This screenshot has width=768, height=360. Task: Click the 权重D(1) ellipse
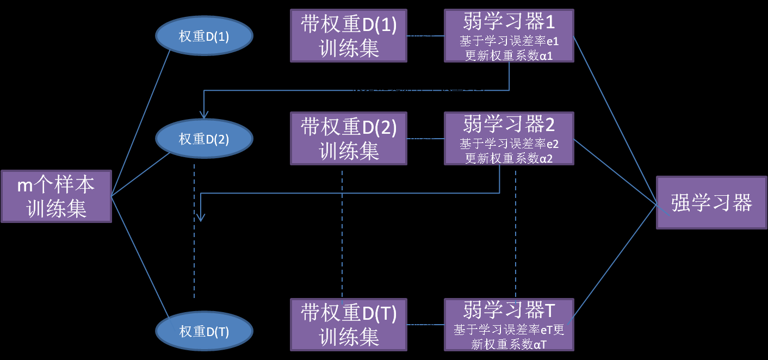pyautogui.click(x=204, y=36)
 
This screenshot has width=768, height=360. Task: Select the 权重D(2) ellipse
pyautogui.click(x=204, y=139)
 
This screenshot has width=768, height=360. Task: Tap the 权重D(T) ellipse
pyautogui.click(x=204, y=331)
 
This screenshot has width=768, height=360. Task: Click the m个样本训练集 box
pyautogui.click(x=56, y=196)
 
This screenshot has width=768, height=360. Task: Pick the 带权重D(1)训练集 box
pyautogui.click(x=349, y=36)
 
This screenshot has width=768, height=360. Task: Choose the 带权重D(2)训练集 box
pyautogui.click(x=349, y=139)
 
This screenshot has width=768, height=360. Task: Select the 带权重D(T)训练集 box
pyautogui.click(x=349, y=325)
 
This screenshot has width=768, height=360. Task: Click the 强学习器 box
pyautogui.click(x=711, y=203)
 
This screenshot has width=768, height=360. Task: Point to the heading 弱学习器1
pyautogui.click(x=509, y=22)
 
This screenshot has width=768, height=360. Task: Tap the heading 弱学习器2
pyautogui.click(x=509, y=125)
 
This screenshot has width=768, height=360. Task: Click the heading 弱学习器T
pyautogui.click(x=509, y=311)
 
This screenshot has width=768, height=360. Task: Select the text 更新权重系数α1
pyautogui.click(x=509, y=56)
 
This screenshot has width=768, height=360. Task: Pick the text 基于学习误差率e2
pyautogui.click(x=509, y=145)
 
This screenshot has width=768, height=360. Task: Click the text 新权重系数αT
pyautogui.click(x=509, y=344)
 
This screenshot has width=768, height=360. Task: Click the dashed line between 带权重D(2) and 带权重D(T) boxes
pyautogui.click(x=342, y=234)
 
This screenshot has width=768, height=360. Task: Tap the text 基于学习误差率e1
pyautogui.click(x=509, y=42)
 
